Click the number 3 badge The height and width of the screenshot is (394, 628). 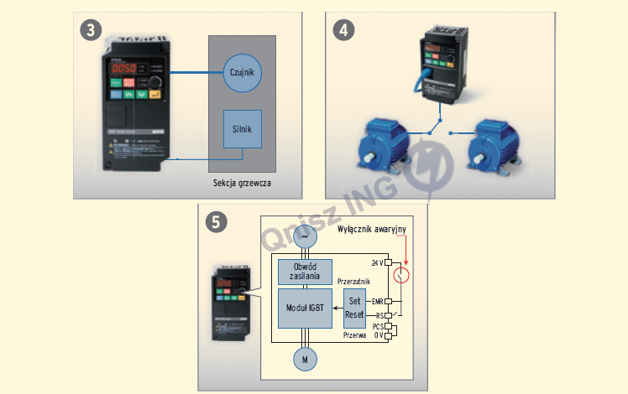pyautogui.click(x=92, y=29)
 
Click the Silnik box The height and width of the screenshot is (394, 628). pyautogui.click(x=243, y=129)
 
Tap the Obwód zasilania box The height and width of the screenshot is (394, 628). pyautogui.click(x=305, y=272)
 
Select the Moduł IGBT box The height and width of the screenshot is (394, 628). pyautogui.click(x=305, y=308)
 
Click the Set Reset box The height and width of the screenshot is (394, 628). pyautogui.click(x=354, y=308)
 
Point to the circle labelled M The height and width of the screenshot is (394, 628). pyautogui.click(x=305, y=359)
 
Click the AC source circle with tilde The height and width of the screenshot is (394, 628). pyautogui.click(x=304, y=237)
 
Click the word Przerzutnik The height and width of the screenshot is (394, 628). pyautogui.click(x=354, y=282)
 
